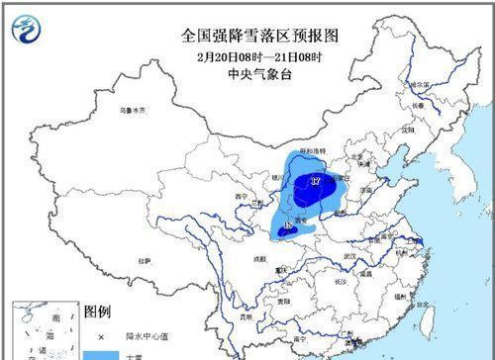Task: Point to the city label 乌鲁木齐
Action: click(132, 111)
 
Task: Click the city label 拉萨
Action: click(146, 261)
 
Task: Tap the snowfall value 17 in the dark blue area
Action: click(316, 182)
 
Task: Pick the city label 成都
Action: click(259, 259)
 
